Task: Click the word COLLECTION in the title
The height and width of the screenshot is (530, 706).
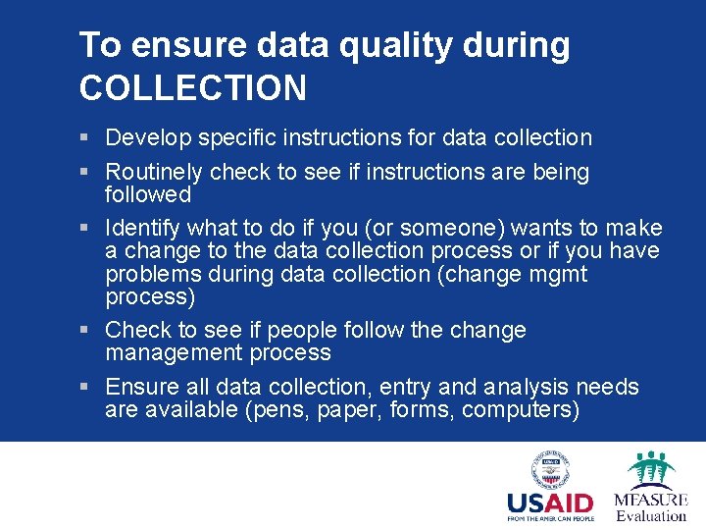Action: click(x=192, y=88)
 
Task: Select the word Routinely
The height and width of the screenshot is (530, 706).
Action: click(x=153, y=172)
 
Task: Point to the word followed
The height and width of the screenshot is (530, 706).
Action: click(x=147, y=194)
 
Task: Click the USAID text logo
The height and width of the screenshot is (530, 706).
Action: click(x=551, y=503)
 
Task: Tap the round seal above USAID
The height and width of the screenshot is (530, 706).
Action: click(x=550, y=469)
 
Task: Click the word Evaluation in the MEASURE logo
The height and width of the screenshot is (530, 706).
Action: click(x=650, y=515)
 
